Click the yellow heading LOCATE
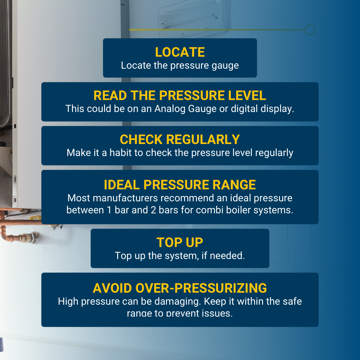click(x=180, y=52)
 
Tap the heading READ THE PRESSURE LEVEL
click(x=180, y=96)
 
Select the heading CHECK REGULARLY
click(x=180, y=140)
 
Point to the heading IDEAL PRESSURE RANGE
click(x=180, y=185)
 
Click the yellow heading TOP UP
click(x=180, y=243)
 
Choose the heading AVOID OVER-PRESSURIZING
click(x=180, y=288)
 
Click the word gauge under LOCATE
click(x=225, y=66)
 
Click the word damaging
click(x=177, y=302)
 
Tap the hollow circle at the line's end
click(x=310, y=30)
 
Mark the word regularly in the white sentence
click(x=274, y=153)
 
